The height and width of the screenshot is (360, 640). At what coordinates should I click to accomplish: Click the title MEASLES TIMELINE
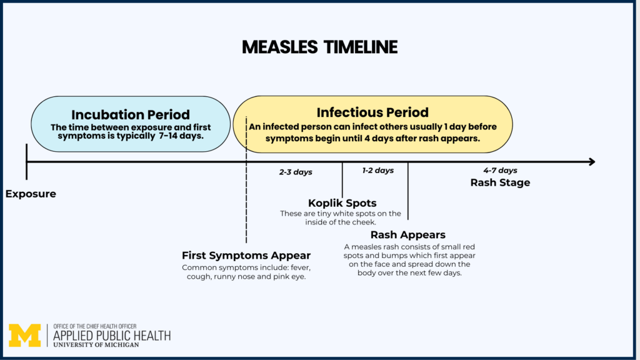click(x=319, y=47)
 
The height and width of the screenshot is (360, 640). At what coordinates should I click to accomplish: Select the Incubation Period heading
click(x=131, y=115)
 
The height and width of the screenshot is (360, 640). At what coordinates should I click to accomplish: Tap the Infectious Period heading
click(x=372, y=112)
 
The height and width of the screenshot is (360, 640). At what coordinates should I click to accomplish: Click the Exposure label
click(x=31, y=194)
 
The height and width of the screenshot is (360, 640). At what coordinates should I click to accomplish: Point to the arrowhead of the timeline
click(x=591, y=162)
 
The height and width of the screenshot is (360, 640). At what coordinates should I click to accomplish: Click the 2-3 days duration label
click(x=296, y=172)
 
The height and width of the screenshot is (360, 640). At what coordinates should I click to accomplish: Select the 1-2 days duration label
click(x=378, y=171)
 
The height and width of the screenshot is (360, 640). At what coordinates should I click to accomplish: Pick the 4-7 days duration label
click(x=500, y=171)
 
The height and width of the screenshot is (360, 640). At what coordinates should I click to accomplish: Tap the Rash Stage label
click(x=500, y=183)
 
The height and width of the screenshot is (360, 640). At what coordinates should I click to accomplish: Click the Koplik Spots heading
click(x=342, y=203)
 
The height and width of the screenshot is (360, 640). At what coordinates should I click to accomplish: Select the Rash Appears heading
click(x=407, y=235)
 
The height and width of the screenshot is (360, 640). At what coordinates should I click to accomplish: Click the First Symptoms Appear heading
click(x=246, y=256)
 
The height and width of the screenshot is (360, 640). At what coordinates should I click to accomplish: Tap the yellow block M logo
click(x=25, y=336)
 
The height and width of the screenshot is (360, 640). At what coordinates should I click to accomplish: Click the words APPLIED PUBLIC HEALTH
click(x=112, y=336)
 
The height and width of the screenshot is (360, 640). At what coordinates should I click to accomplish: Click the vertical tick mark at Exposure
click(x=26, y=162)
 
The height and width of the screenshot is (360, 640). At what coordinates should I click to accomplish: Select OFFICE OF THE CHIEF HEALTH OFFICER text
click(x=96, y=326)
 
